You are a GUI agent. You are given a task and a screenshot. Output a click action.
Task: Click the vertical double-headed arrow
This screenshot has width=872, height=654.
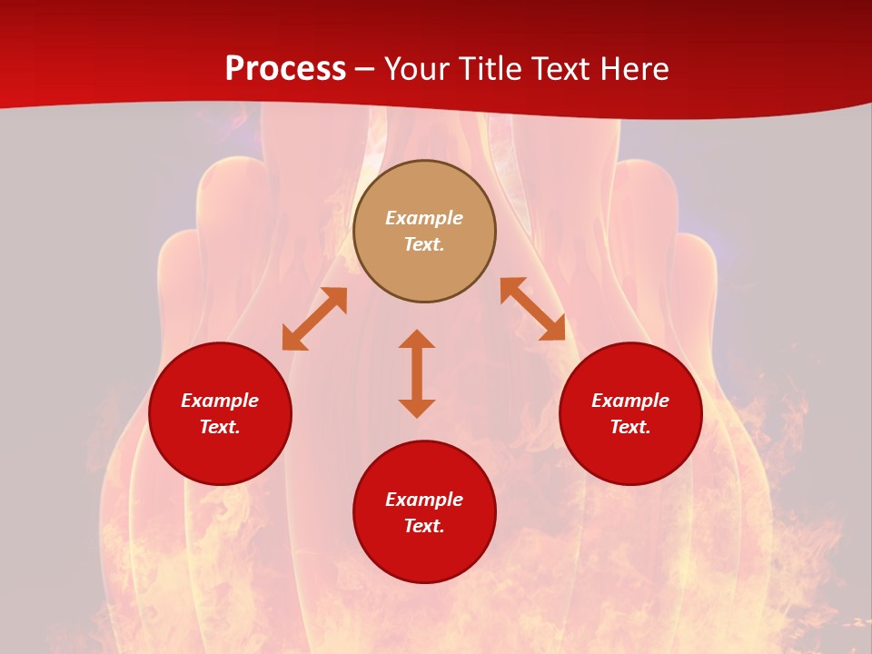[417, 373]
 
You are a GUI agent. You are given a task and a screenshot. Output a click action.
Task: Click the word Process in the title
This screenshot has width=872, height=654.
[285, 69]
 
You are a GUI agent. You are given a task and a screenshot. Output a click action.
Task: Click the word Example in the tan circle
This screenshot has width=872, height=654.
[424, 218]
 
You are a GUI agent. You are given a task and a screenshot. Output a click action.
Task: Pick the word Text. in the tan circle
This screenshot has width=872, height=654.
[424, 244]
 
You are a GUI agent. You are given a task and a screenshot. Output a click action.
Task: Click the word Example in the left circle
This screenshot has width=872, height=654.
[220, 401]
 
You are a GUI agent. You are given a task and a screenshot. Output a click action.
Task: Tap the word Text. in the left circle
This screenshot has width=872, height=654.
[220, 427]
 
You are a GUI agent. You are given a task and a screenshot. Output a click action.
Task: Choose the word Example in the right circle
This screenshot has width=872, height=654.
[630, 401]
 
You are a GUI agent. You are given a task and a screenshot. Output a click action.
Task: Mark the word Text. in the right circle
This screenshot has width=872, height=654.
[630, 427]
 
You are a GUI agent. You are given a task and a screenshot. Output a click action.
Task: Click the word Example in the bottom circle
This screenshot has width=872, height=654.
[424, 500]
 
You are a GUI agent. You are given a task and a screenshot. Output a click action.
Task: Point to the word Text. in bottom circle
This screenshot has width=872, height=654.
[424, 526]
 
